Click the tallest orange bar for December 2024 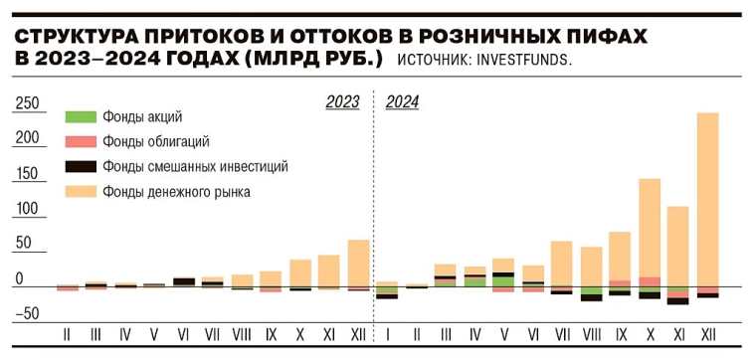click(707, 199)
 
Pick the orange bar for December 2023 click(358, 263)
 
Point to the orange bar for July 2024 click(562, 263)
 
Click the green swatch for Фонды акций click(80, 117)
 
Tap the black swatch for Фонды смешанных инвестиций click(80, 167)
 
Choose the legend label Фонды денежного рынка click(176, 191)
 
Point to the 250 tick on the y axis click(26, 103)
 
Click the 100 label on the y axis click(26, 210)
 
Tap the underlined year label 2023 click(343, 101)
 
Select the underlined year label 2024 click(402, 101)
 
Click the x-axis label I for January click(388, 335)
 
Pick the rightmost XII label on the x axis click(707, 335)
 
